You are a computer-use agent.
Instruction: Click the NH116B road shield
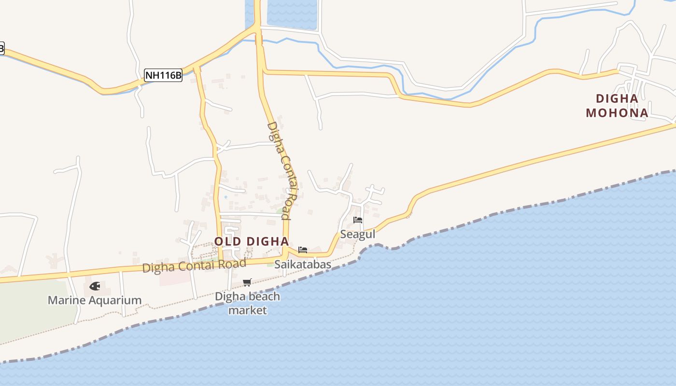click(x=163, y=75)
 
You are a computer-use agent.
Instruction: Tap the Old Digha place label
click(x=251, y=241)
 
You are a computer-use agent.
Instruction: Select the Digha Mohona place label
click(x=617, y=106)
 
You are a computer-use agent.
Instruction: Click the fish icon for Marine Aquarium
click(x=95, y=286)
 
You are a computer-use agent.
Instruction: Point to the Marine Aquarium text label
click(x=95, y=300)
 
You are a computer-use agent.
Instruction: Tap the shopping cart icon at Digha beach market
click(x=247, y=282)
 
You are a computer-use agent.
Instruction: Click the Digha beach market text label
click(x=247, y=303)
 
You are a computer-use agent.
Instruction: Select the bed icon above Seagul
click(x=358, y=220)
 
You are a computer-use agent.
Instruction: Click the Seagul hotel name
click(x=358, y=234)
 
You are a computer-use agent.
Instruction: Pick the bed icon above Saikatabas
click(x=303, y=250)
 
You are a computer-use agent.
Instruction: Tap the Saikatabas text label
click(x=303, y=264)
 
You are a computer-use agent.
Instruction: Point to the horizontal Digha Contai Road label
click(x=194, y=265)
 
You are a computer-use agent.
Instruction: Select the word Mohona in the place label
click(x=617, y=113)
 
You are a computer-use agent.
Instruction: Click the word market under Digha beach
click(x=247, y=310)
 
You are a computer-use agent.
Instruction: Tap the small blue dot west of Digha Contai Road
click(x=225, y=197)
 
